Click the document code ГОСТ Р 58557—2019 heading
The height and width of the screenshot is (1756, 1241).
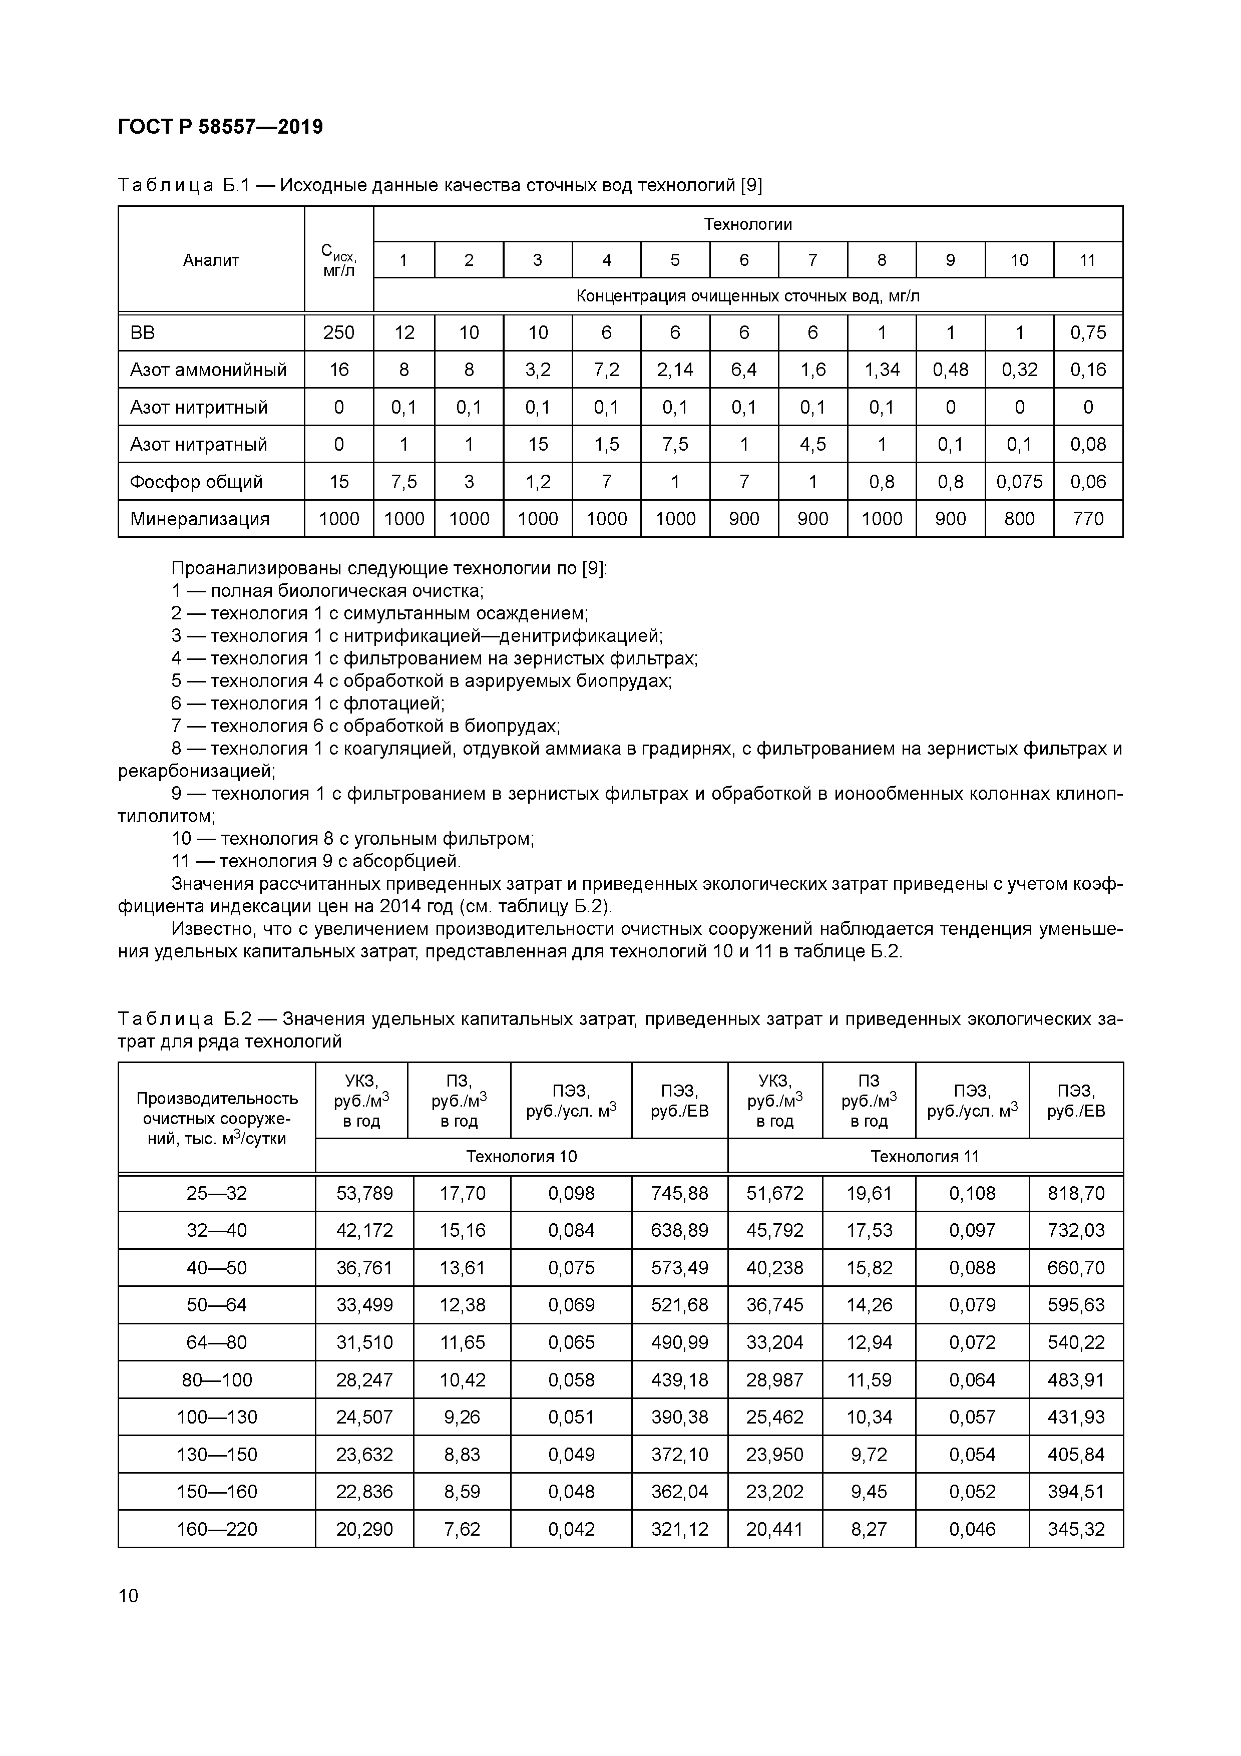(220, 127)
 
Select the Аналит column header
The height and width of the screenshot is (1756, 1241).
(211, 260)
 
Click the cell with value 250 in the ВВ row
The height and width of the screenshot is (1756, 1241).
(339, 332)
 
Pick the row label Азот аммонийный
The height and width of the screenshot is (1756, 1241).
(208, 370)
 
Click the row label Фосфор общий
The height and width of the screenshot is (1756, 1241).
(197, 482)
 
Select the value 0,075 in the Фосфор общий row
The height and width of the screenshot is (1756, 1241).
(1019, 482)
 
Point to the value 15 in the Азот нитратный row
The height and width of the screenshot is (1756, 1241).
(538, 444)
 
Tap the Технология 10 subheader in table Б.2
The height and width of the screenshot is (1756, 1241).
(522, 1156)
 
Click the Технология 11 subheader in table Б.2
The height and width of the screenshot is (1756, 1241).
(925, 1156)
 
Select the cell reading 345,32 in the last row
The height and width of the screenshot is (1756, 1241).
(1076, 1529)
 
